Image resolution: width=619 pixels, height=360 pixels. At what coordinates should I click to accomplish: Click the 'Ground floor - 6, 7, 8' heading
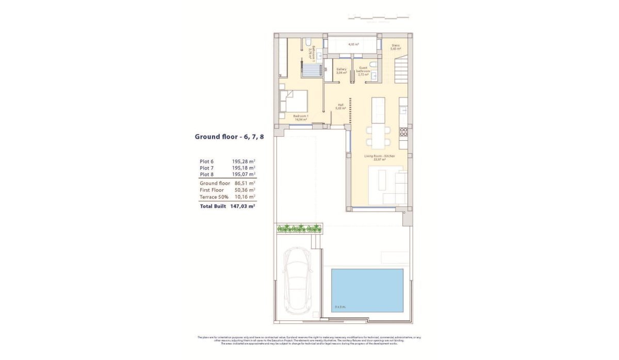pos(229,137)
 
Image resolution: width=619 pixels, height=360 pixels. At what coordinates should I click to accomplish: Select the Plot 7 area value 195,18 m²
pos(244,168)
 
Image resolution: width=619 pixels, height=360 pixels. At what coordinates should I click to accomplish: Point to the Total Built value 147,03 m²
pos(243,206)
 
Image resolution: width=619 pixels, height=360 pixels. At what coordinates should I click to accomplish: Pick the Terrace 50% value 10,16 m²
pos(244,197)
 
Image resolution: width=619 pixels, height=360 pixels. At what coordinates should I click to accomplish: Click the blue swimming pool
pos(367,290)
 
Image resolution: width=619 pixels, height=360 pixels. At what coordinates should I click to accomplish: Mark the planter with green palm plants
pos(299,228)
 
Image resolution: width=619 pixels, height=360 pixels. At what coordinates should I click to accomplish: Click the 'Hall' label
pos(340,106)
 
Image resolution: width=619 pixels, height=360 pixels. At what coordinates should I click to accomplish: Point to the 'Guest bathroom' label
pos(363,71)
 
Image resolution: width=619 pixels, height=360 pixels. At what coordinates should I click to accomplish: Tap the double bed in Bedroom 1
pos(294,101)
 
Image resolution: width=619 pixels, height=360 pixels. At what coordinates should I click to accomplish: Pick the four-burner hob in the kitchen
pos(403,131)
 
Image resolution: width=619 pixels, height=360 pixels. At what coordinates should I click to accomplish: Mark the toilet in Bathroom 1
pos(306,41)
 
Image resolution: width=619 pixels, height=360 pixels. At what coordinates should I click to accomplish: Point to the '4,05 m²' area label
pos(353,44)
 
